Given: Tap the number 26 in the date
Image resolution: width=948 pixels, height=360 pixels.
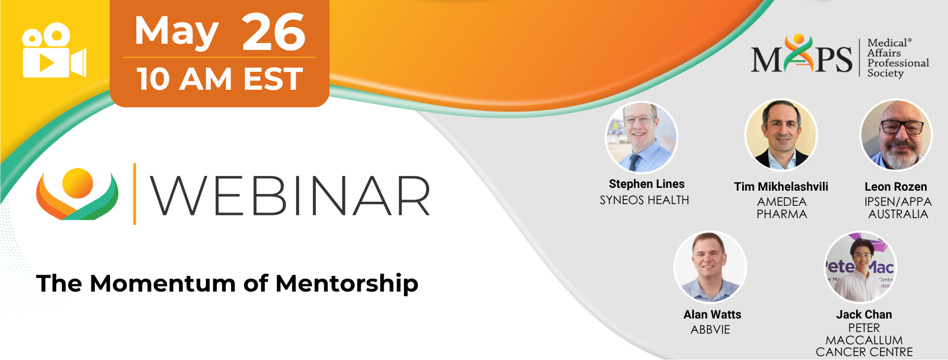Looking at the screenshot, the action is [273, 32].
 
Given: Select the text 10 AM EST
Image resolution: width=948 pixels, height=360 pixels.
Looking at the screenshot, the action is [220, 79].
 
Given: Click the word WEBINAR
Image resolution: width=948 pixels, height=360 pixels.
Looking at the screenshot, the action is [290, 196].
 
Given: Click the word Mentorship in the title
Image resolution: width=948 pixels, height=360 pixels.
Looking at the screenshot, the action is [347, 283].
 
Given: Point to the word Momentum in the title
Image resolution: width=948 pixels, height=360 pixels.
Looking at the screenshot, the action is [163, 283].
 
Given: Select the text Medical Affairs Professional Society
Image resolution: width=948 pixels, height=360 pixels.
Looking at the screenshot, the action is [898, 58].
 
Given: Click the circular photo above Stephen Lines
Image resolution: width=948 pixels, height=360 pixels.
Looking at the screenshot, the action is [642, 137].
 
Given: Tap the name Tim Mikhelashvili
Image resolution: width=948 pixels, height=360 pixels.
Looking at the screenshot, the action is [781, 187].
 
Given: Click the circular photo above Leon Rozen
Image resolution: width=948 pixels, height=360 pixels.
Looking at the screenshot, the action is [896, 135].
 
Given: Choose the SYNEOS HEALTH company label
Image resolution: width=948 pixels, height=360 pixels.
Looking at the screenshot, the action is [644, 200].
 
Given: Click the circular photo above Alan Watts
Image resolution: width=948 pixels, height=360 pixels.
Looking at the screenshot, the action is [710, 267].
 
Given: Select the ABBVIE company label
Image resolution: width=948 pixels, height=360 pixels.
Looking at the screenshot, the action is [710, 330].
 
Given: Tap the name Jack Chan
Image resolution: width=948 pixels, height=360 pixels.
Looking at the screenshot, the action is [864, 315].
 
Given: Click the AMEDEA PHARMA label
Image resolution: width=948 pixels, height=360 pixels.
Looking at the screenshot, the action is [781, 207].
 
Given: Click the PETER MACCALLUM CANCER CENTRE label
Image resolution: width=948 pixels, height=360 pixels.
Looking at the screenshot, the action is [864, 340].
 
